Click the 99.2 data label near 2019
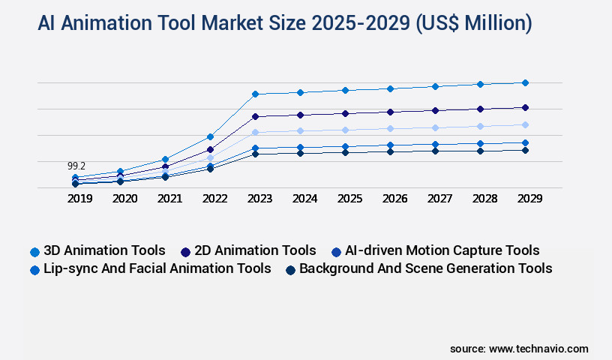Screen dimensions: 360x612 point(76,166)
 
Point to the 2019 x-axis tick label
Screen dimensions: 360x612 point(79,199)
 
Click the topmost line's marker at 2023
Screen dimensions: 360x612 point(255,94)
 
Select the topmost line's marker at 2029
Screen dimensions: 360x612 point(525,82)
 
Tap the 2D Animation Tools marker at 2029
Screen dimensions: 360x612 point(525,107)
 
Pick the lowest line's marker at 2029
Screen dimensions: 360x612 point(525,150)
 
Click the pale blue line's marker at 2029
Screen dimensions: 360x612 point(525,124)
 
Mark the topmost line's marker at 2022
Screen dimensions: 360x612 point(210,136)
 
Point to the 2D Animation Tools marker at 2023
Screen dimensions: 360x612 point(255,116)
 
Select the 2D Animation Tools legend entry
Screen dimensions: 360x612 point(248,250)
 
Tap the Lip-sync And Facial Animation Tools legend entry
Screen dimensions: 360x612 point(150,268)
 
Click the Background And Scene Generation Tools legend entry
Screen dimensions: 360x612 point(418,268)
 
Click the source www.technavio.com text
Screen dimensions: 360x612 point(519,349)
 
